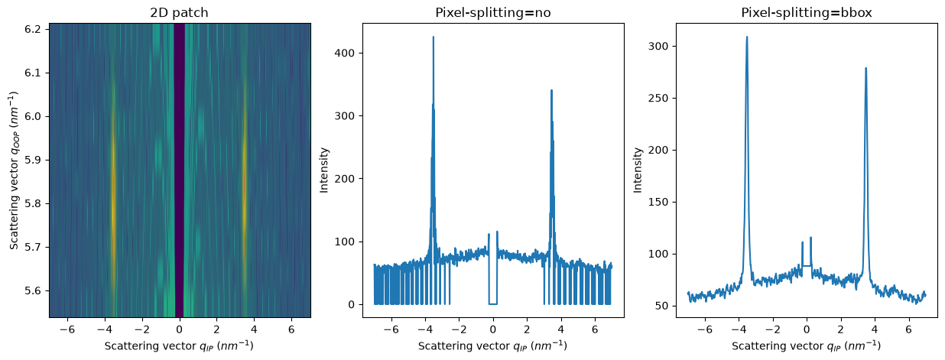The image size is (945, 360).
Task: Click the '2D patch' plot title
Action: point(180,13)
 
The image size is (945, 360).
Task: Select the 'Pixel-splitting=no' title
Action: point(493,13)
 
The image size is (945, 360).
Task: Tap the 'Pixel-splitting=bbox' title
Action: point(807,13)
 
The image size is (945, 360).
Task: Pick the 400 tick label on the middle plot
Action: point(345,53)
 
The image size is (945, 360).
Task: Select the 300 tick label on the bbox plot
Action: point(659,46)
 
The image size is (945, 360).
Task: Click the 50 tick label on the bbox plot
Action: point(662,306)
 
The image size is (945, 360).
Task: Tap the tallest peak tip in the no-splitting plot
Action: point(434,37)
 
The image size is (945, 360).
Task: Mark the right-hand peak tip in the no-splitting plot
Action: point(551,90)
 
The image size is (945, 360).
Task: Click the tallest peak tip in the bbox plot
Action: point(747,37)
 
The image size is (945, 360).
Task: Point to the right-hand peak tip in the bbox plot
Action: point(865,68)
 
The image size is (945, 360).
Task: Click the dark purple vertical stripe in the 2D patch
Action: point(180,170)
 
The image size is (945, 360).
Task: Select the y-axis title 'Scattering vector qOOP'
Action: point(15,170)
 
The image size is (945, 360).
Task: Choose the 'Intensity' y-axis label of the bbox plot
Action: point(637,170)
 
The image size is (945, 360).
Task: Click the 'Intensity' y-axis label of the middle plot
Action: point(323,170)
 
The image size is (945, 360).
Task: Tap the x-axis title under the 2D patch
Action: point(180,345)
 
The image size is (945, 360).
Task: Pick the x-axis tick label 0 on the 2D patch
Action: point(180,329)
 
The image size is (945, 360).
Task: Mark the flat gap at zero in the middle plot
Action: point(492,304)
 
